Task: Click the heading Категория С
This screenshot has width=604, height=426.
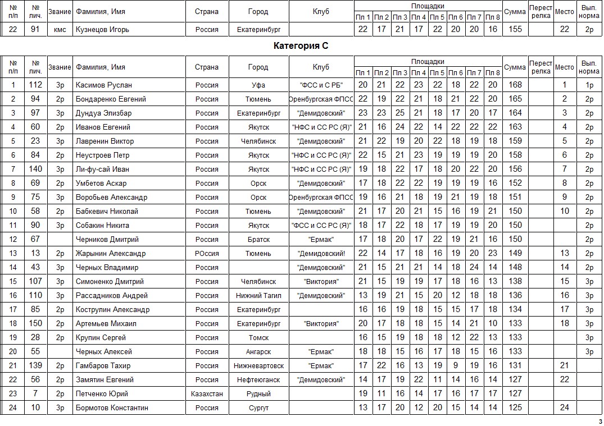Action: [301, 46]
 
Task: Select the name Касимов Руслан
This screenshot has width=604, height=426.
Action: [104, 85]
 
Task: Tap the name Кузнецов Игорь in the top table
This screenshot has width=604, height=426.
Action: [102, 29]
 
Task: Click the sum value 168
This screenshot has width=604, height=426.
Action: [515, 85]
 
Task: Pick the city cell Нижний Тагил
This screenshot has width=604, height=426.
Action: [258, 295]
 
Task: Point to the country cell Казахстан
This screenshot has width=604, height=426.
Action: [207, 393]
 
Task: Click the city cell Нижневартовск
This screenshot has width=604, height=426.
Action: [258, 365]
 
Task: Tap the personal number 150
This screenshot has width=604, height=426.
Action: [35, 323]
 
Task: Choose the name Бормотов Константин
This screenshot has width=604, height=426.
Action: [112, 407]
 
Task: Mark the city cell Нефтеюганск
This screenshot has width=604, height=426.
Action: [258, 379]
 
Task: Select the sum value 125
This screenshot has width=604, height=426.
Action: [515, 407]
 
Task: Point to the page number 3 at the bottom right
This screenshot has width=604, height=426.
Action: [600, 422]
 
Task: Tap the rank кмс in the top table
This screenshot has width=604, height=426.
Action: [60, 29]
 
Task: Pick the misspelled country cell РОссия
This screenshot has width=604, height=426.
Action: [207, 253]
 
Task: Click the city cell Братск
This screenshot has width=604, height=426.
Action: [258, 239]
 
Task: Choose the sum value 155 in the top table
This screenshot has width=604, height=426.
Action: [515, 29]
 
